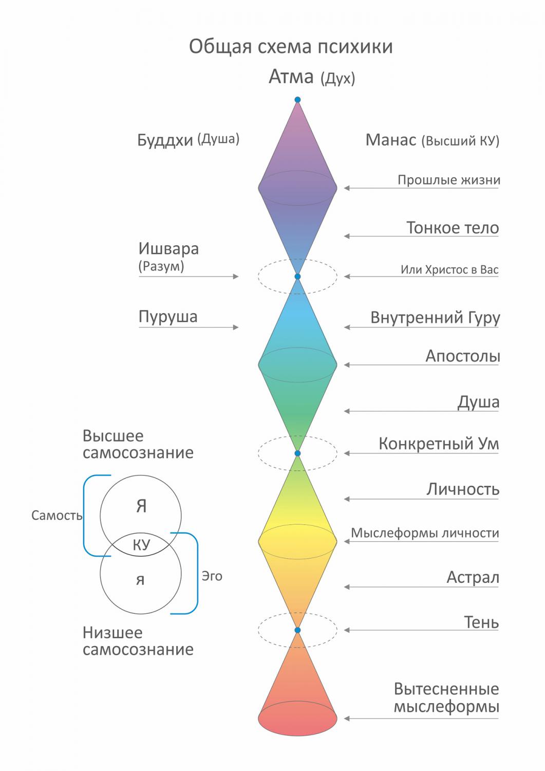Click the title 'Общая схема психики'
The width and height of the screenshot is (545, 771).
291,47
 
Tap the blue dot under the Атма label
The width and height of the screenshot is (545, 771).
297,100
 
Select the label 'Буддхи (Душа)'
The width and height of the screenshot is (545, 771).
188,140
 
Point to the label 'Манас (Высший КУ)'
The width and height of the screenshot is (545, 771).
432,140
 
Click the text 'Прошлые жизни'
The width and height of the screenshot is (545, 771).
448,180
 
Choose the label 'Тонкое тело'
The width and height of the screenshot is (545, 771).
453,228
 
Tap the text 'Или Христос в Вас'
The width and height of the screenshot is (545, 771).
449,270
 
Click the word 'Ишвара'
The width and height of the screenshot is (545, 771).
168,249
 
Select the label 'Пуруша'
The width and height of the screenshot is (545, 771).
168,317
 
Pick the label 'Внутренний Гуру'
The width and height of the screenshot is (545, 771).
435,318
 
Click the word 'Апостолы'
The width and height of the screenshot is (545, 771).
462,356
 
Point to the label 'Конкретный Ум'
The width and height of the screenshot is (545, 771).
439,444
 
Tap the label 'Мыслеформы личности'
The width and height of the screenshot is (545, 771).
425,533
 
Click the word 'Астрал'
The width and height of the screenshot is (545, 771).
473,578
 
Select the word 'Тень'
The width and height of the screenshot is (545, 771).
481,622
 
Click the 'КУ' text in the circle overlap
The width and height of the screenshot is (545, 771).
141,545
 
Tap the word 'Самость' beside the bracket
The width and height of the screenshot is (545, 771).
57,516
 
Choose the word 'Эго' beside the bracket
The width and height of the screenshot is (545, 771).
212,576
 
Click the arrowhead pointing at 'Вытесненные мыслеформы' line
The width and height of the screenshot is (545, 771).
347,719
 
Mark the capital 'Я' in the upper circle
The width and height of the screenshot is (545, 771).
141,507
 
